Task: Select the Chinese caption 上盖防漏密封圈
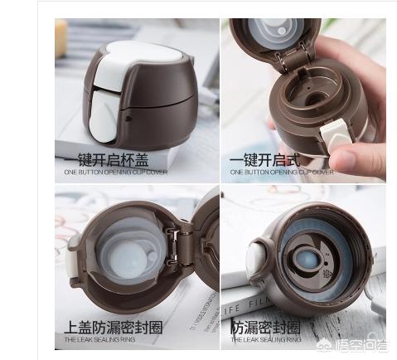pyautogui.click(x=114, y=327)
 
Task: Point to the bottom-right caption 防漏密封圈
pyautogui.click(x=267, y=327)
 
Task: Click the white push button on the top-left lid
pyautogui.click(x=108, y=90)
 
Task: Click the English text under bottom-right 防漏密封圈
pyautogui.click(x=266, y=339)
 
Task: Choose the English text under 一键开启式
pyautogui.click(x=281, y=173)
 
